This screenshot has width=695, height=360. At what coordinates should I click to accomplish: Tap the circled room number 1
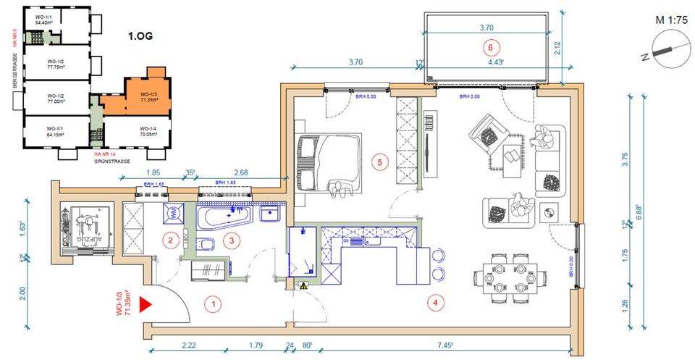(212, 304)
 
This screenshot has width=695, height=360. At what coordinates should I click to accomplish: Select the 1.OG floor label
(141, 35)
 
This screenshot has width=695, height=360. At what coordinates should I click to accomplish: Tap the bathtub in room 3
(226, 217)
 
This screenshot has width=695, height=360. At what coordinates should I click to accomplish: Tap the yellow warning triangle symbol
(303, 286)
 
